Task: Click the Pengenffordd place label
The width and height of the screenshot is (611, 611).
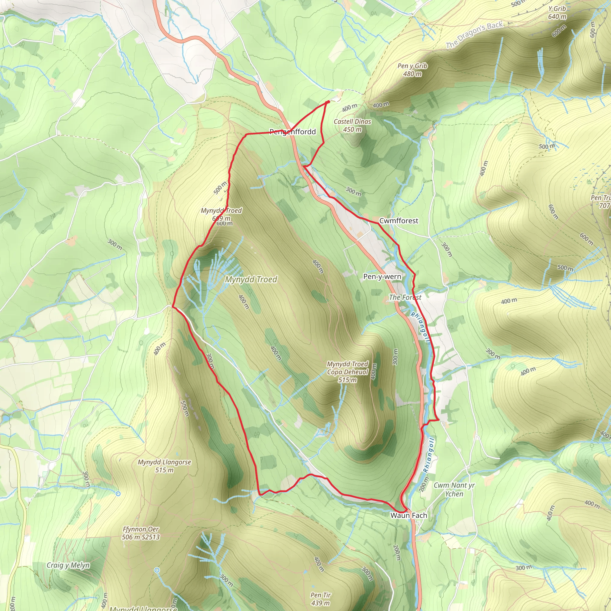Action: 293,132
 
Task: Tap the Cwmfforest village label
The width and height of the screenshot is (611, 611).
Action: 399,221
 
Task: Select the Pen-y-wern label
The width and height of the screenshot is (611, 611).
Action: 382,277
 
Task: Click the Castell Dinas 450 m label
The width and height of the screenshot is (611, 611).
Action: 352,126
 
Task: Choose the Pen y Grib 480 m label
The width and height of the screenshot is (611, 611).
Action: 412,70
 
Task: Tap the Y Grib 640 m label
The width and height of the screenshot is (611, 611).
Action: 557,13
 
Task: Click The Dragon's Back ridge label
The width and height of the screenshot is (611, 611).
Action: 474,35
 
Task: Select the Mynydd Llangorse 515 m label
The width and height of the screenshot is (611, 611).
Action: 164,466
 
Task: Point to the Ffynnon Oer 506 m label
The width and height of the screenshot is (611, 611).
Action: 141,533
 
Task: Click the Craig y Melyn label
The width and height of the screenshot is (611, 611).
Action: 68,565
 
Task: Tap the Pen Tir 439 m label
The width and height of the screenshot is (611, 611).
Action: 320,599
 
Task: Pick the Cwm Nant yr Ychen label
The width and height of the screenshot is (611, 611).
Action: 454,489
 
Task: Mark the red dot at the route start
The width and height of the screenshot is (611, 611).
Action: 328,102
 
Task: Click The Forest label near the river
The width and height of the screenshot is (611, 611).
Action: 405,297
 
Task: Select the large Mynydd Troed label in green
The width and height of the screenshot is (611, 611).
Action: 251,280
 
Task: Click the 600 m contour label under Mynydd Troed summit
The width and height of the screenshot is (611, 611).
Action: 225,223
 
